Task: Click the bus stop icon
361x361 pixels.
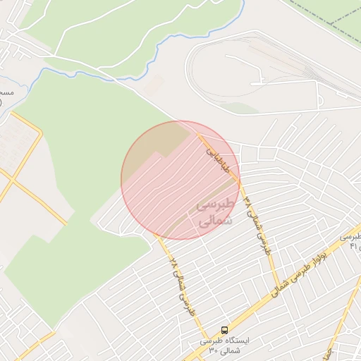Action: tap(225, 329)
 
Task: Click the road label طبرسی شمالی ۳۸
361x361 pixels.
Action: tap(258, 226)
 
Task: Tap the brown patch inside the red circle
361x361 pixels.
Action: tap(169, 141)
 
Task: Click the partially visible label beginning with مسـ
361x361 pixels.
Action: tap(6, 92)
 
